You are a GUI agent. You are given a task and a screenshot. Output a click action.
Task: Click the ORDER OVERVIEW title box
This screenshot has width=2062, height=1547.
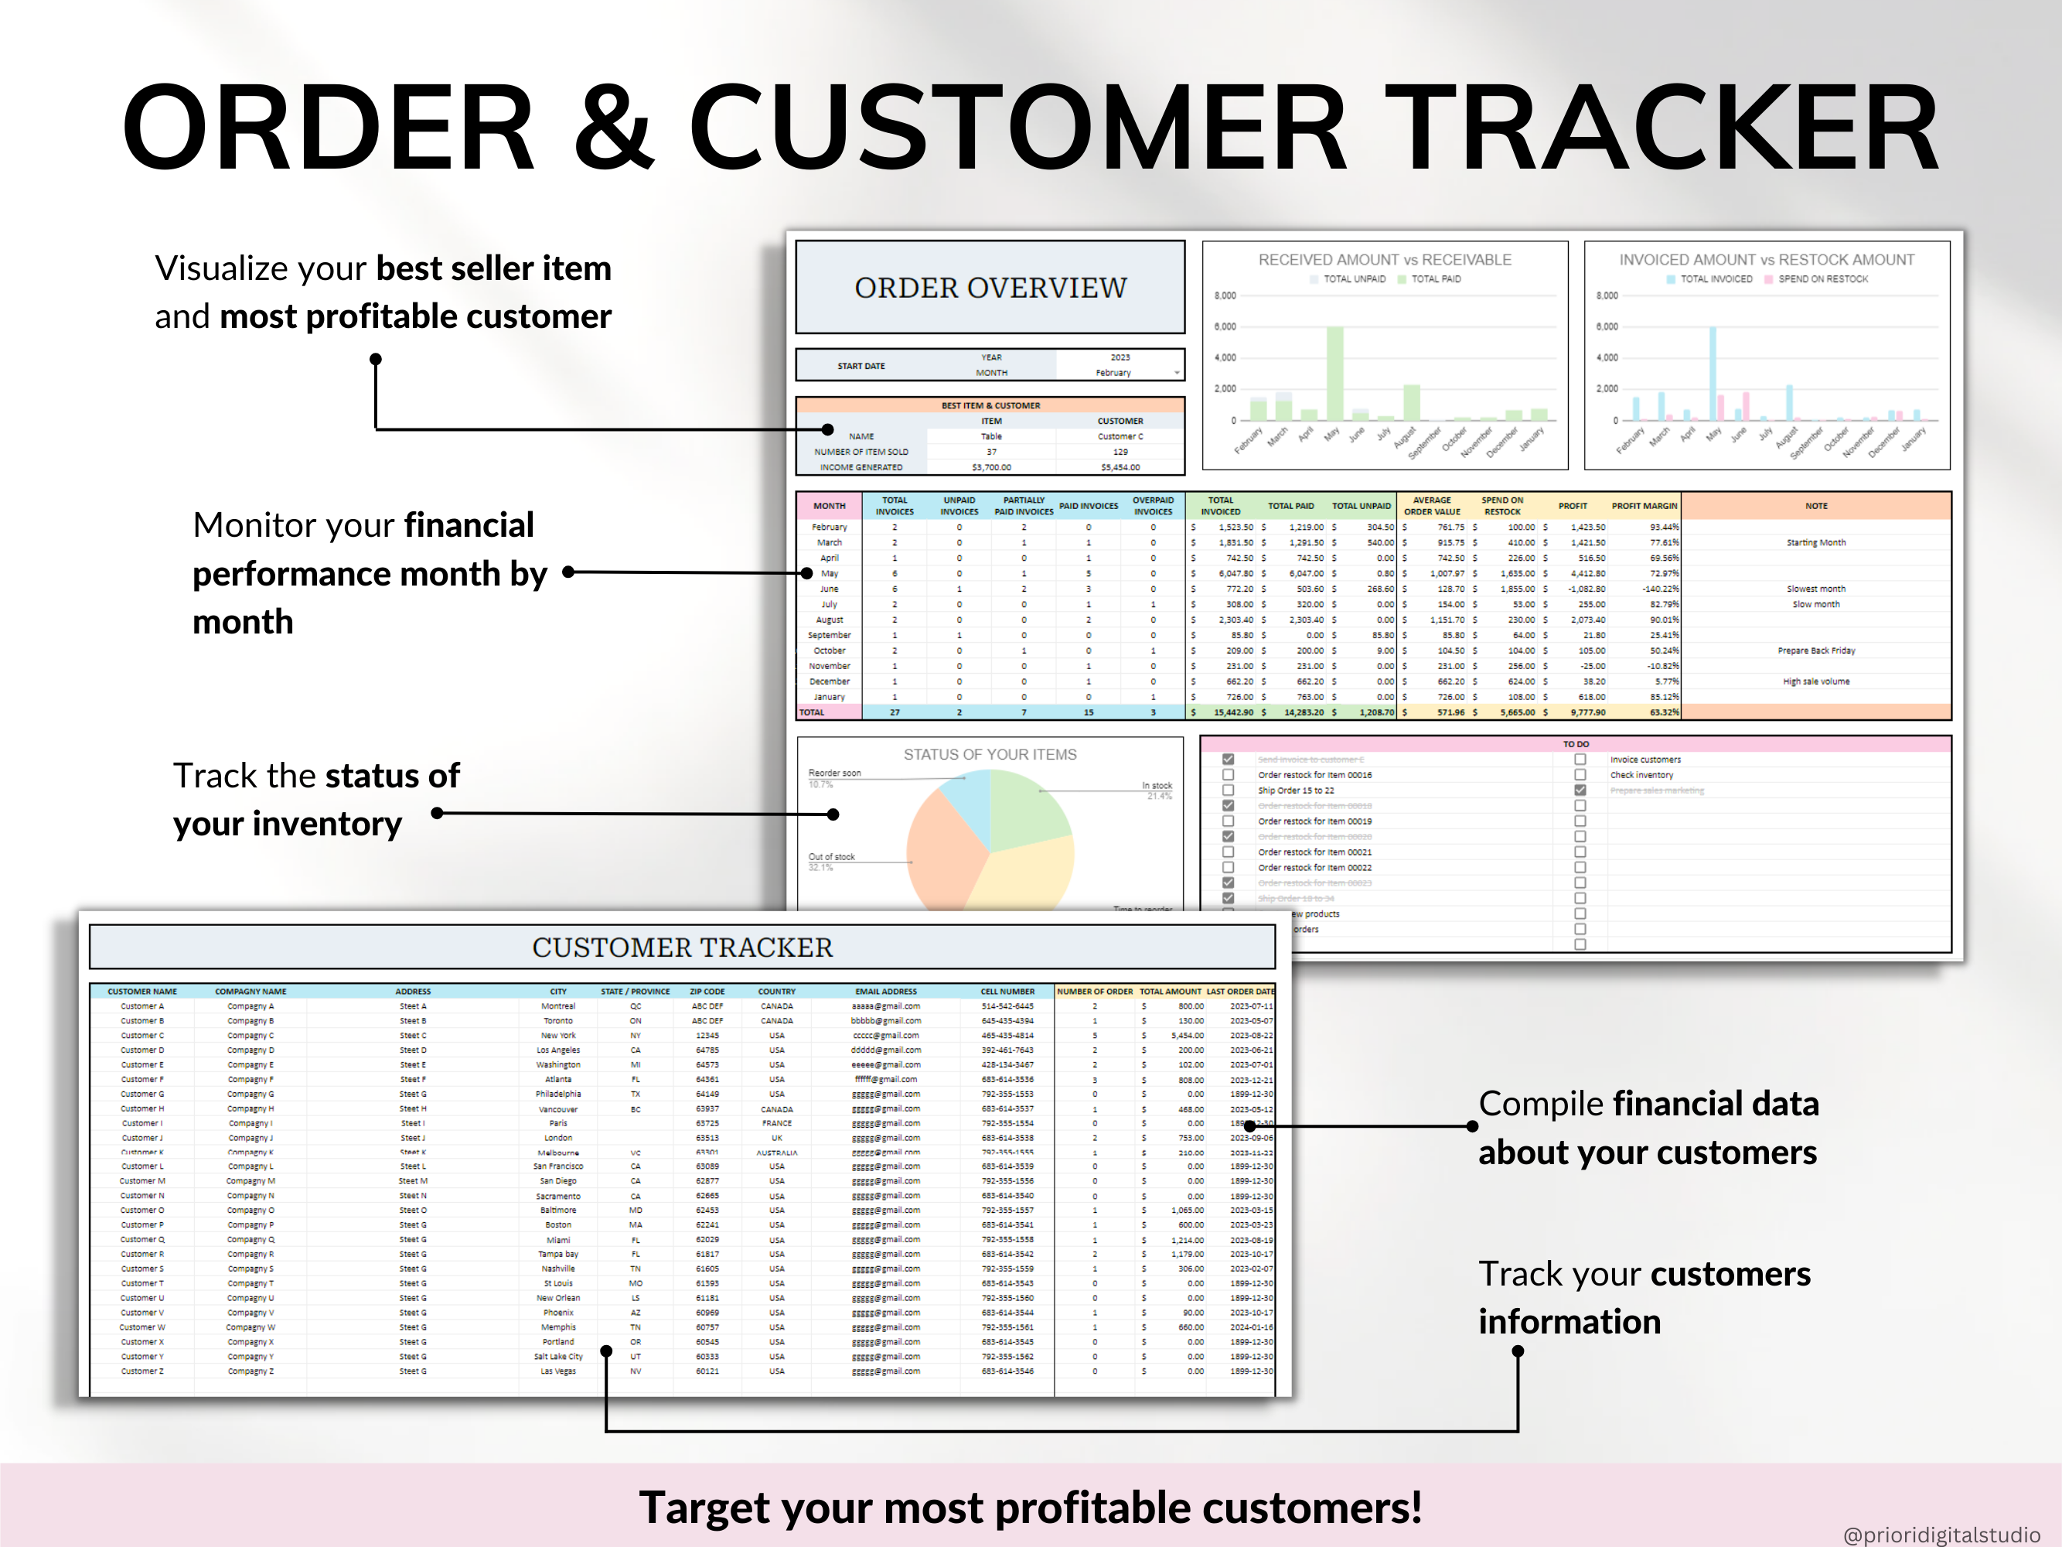click(x=990, y=287)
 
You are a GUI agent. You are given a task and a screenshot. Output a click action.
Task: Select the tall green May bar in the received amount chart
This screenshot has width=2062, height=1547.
click(x=1335, y=372)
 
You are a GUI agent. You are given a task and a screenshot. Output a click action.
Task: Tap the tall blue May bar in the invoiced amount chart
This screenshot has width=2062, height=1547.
click(x=1713, y=372)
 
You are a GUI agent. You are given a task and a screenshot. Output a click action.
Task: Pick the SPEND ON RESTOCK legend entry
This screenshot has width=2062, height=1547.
click(x=1822, y=278)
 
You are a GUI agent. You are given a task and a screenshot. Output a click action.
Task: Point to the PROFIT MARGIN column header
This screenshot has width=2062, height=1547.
click(x=1644, y=505)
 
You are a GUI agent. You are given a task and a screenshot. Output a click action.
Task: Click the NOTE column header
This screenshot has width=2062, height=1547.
click(x=1816, y=505)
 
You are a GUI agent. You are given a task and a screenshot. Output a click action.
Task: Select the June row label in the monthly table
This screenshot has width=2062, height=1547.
click(x=829, y=589)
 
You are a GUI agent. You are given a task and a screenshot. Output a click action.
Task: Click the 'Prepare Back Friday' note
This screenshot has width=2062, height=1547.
click(x=1816, y=651)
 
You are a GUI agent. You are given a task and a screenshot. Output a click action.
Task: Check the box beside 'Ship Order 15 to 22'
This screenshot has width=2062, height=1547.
click(x=1228, y=791)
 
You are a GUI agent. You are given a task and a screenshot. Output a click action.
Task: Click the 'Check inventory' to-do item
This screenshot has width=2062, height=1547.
click(x=1641, y=776)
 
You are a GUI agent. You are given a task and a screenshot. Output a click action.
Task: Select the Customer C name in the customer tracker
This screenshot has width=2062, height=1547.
click(x=141, y=1035)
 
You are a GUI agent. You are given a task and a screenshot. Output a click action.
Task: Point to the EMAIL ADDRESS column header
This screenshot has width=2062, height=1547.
click(x=885, y=991)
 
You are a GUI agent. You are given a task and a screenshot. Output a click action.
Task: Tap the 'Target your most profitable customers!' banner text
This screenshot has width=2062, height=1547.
click(x=1030, y=1507)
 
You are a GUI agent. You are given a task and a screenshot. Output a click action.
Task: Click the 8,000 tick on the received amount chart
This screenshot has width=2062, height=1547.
click(x=1224, y=295)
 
